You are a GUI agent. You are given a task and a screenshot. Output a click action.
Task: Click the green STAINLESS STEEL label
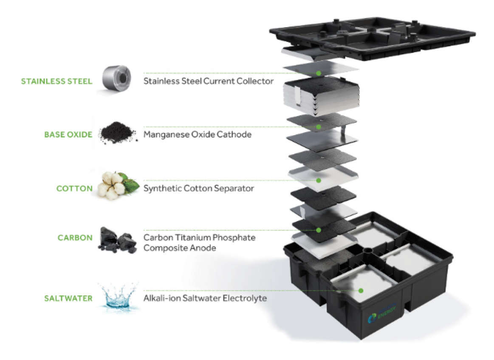click(56, 81)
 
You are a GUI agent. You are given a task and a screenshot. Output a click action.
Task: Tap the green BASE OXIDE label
click(68, 135)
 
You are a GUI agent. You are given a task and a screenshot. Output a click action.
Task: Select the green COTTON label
click(74, 188)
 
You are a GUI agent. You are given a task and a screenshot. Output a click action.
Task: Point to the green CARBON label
click(75, 238)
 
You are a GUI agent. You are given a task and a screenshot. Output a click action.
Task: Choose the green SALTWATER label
click(68, 298)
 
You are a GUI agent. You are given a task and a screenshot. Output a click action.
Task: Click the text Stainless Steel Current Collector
click(208, 81)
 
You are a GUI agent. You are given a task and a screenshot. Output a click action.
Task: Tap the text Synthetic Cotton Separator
click(199, 188)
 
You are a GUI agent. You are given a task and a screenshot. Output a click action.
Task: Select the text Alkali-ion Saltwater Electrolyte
click(205, 298)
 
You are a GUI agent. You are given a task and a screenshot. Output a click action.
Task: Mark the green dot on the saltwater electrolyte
click(361, 291)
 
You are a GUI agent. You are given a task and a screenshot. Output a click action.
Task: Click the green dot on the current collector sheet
click(319, 73)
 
